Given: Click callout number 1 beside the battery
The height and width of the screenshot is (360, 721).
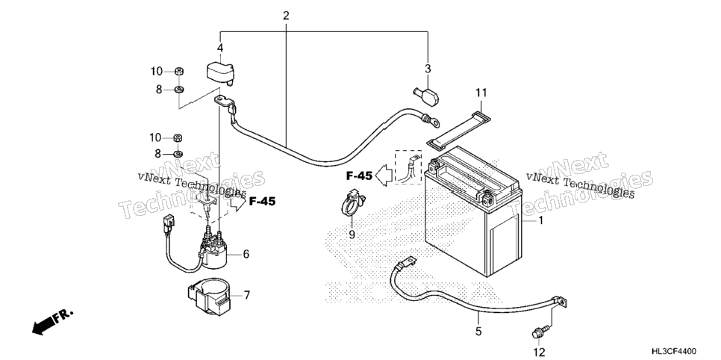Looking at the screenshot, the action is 540,221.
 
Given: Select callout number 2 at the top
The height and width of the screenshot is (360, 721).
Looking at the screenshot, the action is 286,16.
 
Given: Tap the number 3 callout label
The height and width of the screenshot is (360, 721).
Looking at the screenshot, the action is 428,69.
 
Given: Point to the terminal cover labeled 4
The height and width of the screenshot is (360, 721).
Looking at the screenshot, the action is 219,73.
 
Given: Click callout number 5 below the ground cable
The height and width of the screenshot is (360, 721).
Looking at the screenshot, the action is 478,331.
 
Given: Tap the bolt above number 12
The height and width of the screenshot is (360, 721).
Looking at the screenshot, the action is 540,330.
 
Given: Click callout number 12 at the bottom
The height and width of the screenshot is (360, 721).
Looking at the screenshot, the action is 539,353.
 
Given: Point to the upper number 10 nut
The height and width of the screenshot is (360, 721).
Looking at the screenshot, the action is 179,71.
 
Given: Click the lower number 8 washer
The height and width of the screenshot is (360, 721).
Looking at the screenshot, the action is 179,153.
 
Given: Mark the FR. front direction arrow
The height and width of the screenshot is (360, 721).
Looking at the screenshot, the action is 51,321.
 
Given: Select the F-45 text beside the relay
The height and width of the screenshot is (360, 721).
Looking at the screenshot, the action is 262,201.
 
